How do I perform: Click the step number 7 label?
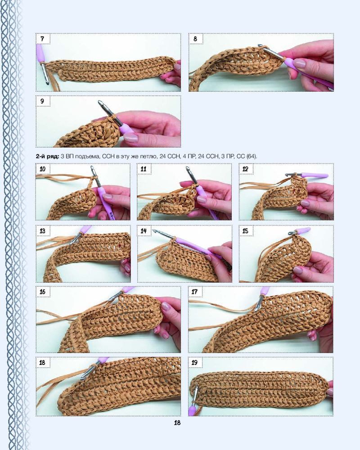pyautogui.click(x=42, y=39)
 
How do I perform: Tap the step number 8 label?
pyautogui.click(x=195, y=39)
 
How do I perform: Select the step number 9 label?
pyautogui.click(x=42, y=101)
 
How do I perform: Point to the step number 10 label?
pyautogui.click(x=42, y=169)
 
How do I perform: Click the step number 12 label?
pyautogui.click(x=245, y=169)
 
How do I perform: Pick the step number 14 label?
pyautogui.click(x=144, y=230)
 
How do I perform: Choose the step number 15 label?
pyautogui.click(x=245, y=230)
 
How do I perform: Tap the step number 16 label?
pyautogui.click(x=42, y=292)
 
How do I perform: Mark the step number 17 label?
pyautogui.click(x=195, y=292)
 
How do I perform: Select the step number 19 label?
pyautogui.click(x=195, y=362)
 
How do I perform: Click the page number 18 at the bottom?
pyautogui.click(x=177, y=423)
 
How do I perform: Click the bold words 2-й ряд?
pyautogui.click(x=48, y=157)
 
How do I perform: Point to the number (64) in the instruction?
pyautogui.click(x=252, y=157)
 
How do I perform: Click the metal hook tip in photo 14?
pyautogui.click(x=154, y=230)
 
